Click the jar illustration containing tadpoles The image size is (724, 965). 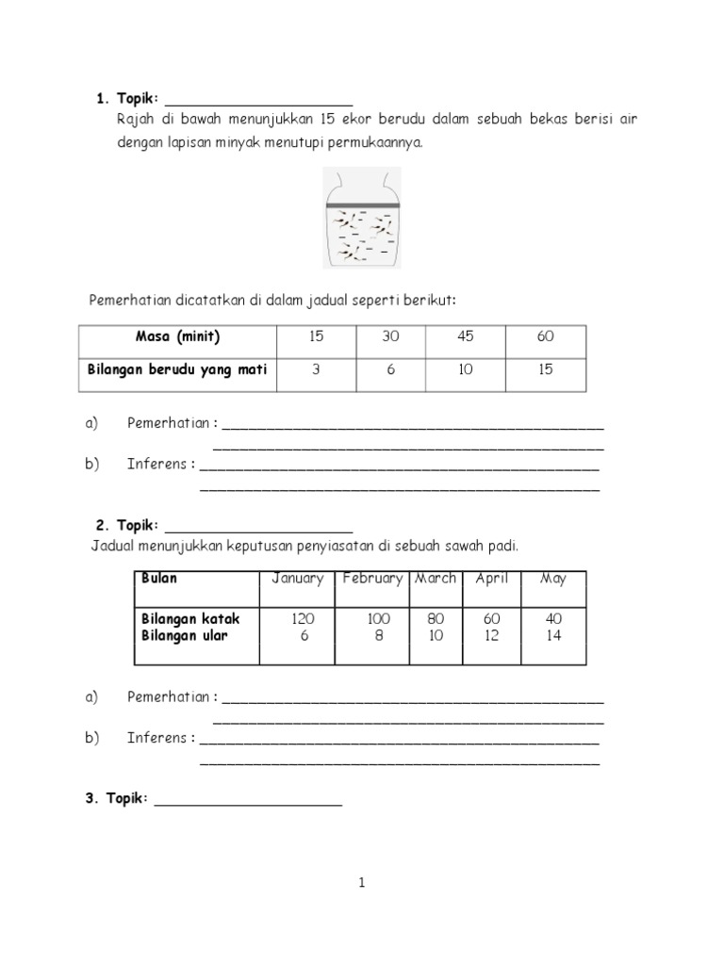click(362, 218)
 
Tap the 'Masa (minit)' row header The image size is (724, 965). click(177, 337)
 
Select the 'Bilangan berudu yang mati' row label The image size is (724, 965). click(177, 370)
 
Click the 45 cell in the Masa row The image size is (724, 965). click(466, 337)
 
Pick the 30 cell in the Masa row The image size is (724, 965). click(389, 337)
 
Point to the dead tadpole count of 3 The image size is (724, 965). click(315, 370)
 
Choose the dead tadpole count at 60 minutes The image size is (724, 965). click(546, 370)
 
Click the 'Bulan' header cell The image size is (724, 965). click(158, 579)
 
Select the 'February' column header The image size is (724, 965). click(372, 579)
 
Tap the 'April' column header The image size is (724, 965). click(491, 579)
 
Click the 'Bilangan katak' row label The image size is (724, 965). click(190, 619)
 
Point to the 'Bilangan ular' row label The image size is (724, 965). click(185, 636)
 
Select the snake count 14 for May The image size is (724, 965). click(552, 636)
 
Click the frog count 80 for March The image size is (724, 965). click(436, 619)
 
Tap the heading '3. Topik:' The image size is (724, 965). click(116, 798)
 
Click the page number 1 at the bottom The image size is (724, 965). click(361, 883)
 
